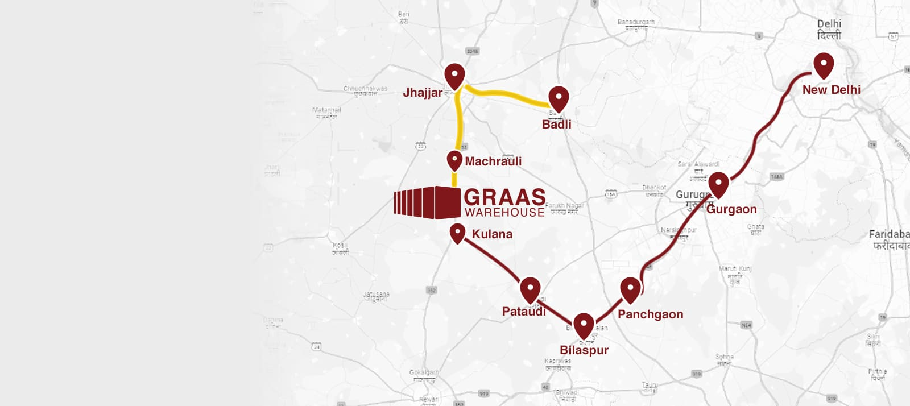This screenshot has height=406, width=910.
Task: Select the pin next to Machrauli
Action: click(x=454, y=160)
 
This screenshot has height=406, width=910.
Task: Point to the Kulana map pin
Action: click(x=457, y=232)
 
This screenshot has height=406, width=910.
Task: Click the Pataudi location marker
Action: click(x=530, y=288)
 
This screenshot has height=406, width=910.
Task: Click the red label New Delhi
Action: click(x=831, y=90)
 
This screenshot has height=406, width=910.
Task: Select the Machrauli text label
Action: click(x=493, y=161)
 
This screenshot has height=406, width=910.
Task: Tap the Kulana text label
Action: click(x=492, y=234)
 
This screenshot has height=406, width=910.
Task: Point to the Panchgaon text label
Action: click(x=650, y=314)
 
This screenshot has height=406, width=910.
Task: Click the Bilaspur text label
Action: click(x=584, y=350)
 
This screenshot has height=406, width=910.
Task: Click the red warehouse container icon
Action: click(x=427, y=202)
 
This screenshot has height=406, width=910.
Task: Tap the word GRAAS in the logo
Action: click(x=504, y=197)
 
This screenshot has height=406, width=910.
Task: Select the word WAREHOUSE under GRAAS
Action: click(x=504, y=213)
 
